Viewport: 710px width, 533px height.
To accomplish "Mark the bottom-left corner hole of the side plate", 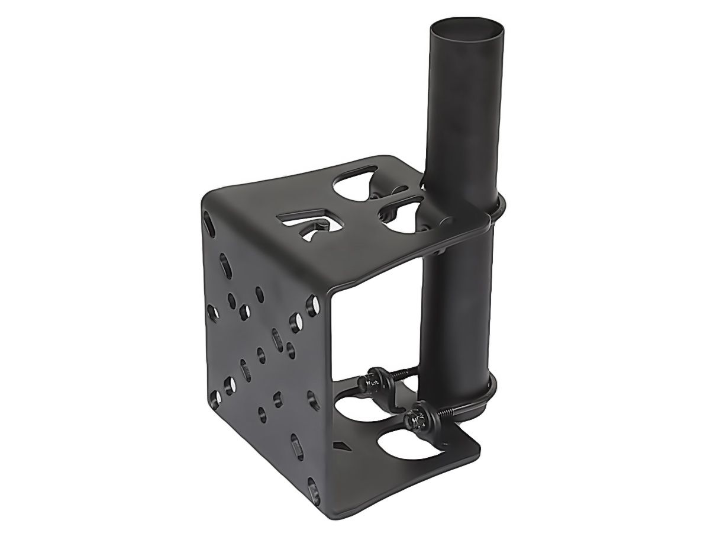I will (214, 396).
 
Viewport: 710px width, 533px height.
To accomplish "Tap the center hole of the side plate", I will (260, 355).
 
